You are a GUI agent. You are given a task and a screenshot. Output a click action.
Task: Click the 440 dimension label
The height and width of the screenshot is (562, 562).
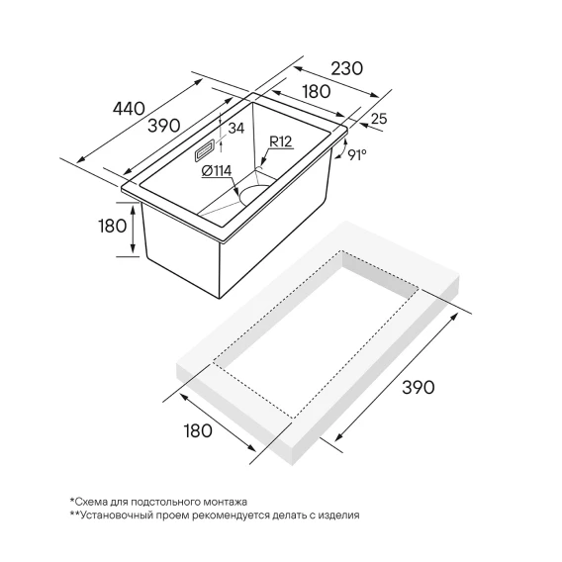[129, 108]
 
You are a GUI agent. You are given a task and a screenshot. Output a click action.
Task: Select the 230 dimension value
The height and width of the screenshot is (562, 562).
[346, 68]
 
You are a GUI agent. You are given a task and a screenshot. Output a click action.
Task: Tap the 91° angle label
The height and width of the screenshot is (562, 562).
[357, 154]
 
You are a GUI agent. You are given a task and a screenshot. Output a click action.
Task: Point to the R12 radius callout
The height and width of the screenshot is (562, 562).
[281, 141]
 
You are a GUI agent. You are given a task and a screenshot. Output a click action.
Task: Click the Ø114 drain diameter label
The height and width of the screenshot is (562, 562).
[217, 171]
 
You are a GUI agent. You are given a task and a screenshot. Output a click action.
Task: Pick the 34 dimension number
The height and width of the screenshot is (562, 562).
[236, 128]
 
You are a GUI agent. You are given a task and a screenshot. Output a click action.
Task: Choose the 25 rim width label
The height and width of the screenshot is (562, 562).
[379, 119]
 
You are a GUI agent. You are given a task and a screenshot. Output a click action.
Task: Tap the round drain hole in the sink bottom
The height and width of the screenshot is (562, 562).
[253, 194]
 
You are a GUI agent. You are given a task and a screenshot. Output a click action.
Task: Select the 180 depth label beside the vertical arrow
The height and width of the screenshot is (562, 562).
[113, 227]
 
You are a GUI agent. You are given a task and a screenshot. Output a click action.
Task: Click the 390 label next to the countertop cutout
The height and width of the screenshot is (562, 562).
[419, 388]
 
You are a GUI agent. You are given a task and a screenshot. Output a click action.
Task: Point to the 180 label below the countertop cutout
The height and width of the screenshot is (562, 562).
[198, 430]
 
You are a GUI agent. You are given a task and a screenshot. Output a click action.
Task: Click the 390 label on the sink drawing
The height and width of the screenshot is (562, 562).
[164, 126]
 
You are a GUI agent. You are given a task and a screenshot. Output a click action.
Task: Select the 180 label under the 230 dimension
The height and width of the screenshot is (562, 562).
[317, 92]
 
